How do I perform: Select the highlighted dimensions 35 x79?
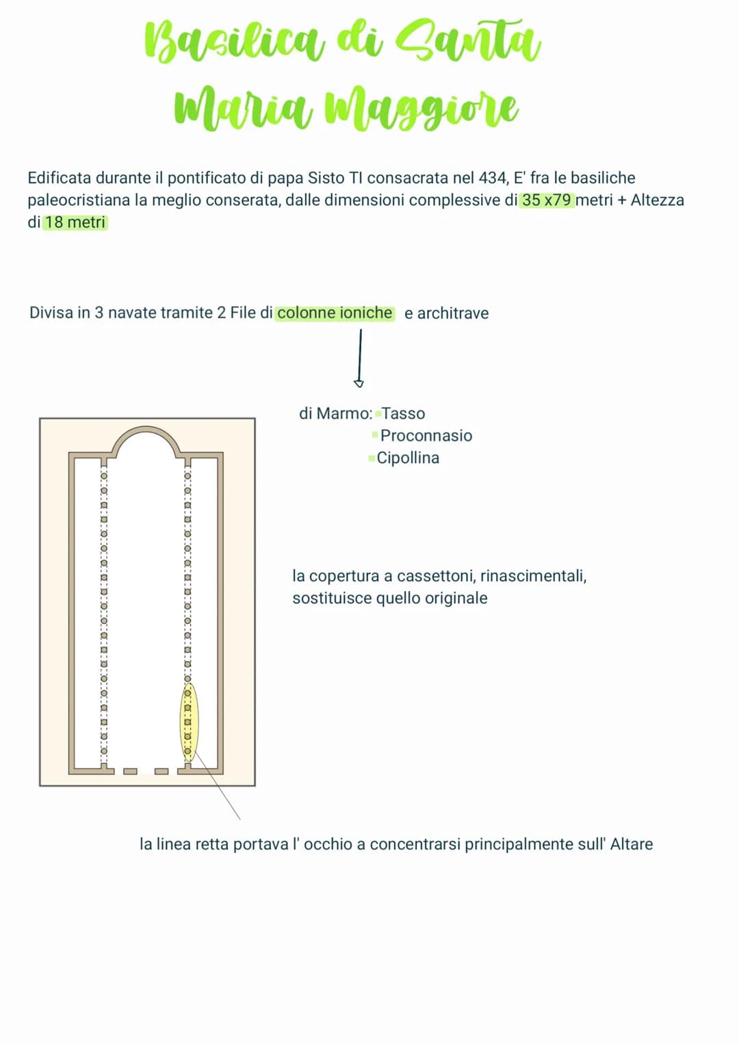coord(547,200)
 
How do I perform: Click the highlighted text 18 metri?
coord(75,222)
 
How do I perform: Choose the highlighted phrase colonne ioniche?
coord(335,313)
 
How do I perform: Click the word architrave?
coord(453,313)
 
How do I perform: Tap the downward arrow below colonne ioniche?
coord(359,358)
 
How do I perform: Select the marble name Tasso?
coord(403,413)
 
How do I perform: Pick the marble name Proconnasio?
coord(426,436)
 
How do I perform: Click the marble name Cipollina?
coord(408,458)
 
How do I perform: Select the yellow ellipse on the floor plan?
coord(189,722)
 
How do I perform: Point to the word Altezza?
coord(658,200)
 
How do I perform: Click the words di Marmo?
coord(336,413)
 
